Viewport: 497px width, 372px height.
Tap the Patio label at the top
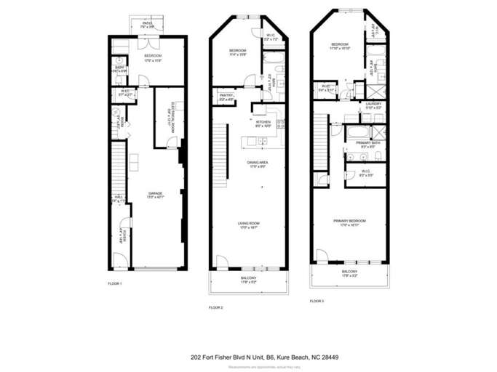(x=147, y=24)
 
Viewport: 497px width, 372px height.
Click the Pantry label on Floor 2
(x=225, y=97)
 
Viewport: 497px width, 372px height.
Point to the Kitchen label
(x=263, y=123)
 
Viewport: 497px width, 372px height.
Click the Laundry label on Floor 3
(x=373, y=105)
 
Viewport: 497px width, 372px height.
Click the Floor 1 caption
(x=114, y=283)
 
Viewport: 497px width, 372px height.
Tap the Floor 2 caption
(x=215, y=307)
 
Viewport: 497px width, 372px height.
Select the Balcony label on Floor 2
(x=249, y=279)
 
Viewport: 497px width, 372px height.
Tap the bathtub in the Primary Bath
(x=357, y=133)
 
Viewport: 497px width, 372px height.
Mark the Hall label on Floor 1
(x=116, y=198)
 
